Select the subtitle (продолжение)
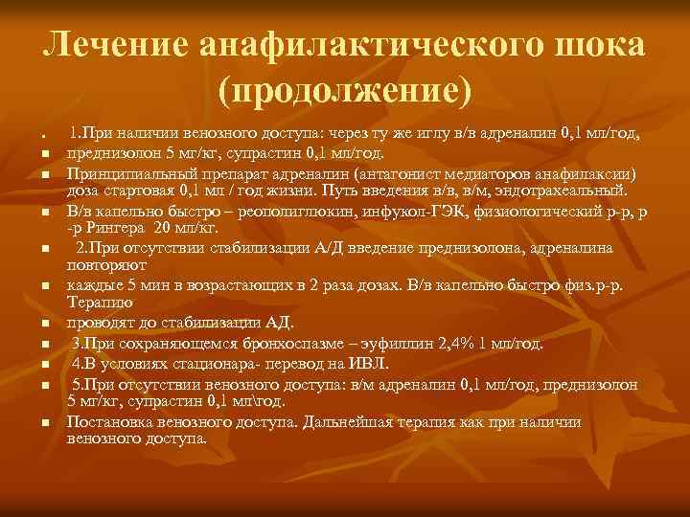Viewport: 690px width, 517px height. click(x=345, y=93)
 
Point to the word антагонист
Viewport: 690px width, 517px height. click(x=408, y=175)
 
